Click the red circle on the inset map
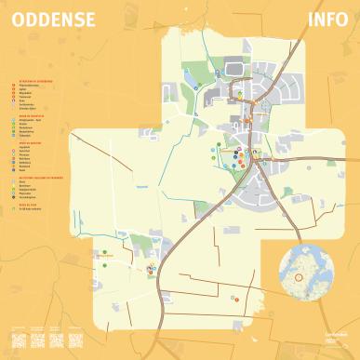[299, 276]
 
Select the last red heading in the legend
[29, 207]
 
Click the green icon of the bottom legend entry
[20, 211]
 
